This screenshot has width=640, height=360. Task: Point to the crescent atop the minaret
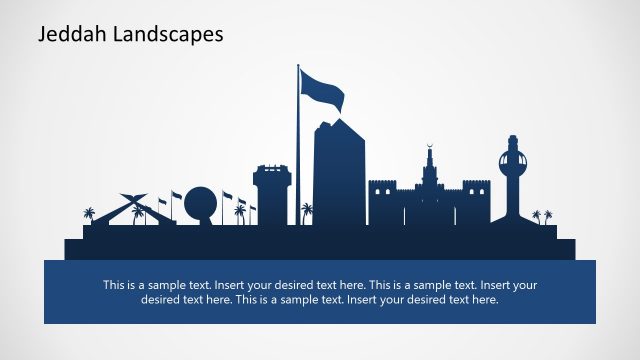(x=428, y=145)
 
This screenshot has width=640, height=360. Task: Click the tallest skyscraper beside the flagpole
(x=339, y=175)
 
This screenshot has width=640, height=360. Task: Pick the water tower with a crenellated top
(x=271, y=195)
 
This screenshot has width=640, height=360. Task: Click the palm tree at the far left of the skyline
(x=90, y=214)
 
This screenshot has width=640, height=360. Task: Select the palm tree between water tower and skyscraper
(x=306, y=212)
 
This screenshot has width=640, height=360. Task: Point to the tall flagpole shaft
(x=298, y=150)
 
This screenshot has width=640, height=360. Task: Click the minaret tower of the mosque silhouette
(x=428, y=175)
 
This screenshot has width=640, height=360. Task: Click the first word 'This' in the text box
(x=116, y=284)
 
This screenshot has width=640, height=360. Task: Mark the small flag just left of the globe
(x=177, y=196)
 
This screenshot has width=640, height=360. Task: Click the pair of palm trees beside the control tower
(x=542, y=215)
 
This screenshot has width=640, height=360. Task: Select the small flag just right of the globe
(x=227, y=196)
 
